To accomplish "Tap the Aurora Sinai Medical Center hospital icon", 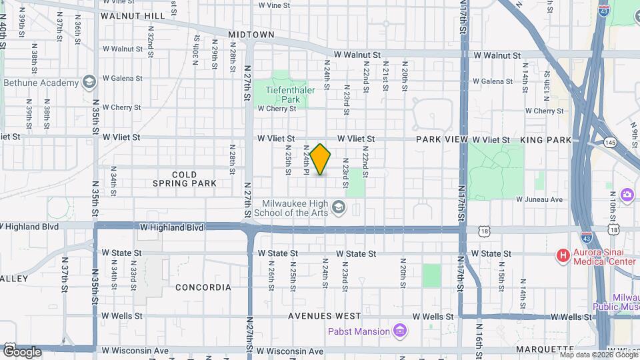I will pyautogui.click(x=563, y=255).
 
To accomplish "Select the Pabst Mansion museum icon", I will pyautogui.click(x=399, y=330).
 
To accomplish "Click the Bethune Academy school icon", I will pyautogui.click(x=89, y=83).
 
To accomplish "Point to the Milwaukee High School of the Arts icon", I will pyautogui.click(x=339, y=208).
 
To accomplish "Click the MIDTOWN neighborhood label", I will pyautogui.click(x=251, y=34).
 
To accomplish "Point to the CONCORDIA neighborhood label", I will pyautogui.click(x=203, y=287).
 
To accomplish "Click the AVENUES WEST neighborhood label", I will pyautogui.click(x=325, y=315).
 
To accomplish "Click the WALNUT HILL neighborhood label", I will pyautogui.click(x=133, y=15).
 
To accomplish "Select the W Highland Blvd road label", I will pyautogui.click(x=171, y=227).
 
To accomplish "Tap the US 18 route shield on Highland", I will pyautogui.click(x=483, y=229).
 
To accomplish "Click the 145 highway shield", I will pyautogui.click(x=610, y=142).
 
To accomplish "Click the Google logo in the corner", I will pyautogui.click(x=22, y=351).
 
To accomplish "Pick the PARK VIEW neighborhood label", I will pyautogui.click(x=441, y=140).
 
